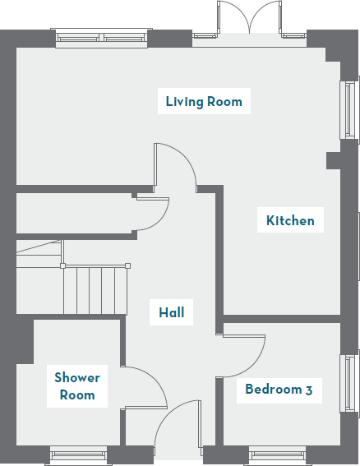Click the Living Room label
[204, 102]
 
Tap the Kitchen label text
[289, 220]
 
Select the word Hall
[172, 312]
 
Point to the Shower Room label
[77, 386]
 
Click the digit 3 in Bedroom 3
[308, 390]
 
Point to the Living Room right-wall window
[349, 110]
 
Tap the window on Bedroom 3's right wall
[349, 383]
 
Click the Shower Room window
[79, 454]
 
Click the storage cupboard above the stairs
[74, 214]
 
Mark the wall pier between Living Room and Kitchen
[333, 159]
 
